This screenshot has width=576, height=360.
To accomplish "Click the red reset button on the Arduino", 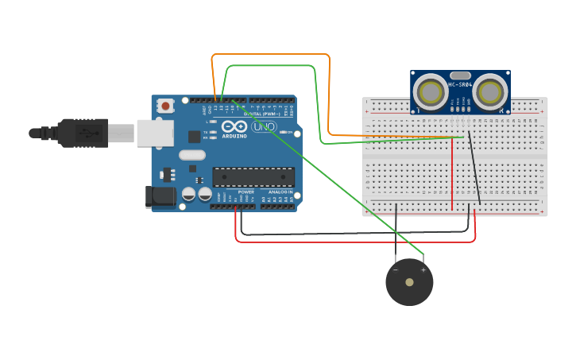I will [165, 105].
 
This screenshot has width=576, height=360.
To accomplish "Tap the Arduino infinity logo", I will [234, 126].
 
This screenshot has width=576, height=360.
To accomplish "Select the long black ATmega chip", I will [253, 177].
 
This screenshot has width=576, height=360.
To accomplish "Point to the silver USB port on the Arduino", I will [154, 133].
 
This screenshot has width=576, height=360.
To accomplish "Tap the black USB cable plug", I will [83, 133].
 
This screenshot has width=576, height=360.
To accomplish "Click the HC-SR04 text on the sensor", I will [460, 84].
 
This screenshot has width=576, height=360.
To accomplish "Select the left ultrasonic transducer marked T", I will [430, 92].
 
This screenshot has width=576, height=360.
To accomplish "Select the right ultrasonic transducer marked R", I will [489, 92].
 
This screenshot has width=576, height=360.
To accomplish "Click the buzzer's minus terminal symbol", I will [396, 269].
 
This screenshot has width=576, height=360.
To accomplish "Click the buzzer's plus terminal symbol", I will [423, 269].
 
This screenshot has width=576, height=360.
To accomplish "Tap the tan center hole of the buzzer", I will [409, 282].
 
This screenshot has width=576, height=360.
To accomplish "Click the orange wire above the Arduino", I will [270, 54].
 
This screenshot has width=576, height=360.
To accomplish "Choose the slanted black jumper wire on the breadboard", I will [474, 168].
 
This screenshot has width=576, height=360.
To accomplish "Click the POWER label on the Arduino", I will [246, 192].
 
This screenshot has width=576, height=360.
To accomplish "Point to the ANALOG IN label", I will [279, 192].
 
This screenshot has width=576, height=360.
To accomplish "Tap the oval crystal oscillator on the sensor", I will [460, 75].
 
